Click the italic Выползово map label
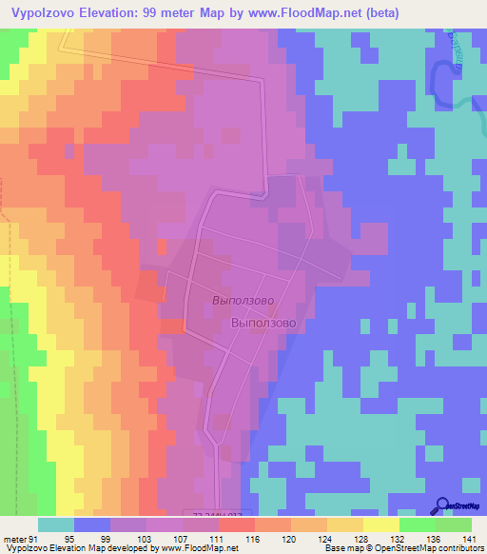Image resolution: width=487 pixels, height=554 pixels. [243, 299]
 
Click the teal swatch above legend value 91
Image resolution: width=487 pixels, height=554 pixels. [56, 524]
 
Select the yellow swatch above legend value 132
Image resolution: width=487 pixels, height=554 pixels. [381, 524]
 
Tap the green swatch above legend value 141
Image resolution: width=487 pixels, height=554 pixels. [454, 524]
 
